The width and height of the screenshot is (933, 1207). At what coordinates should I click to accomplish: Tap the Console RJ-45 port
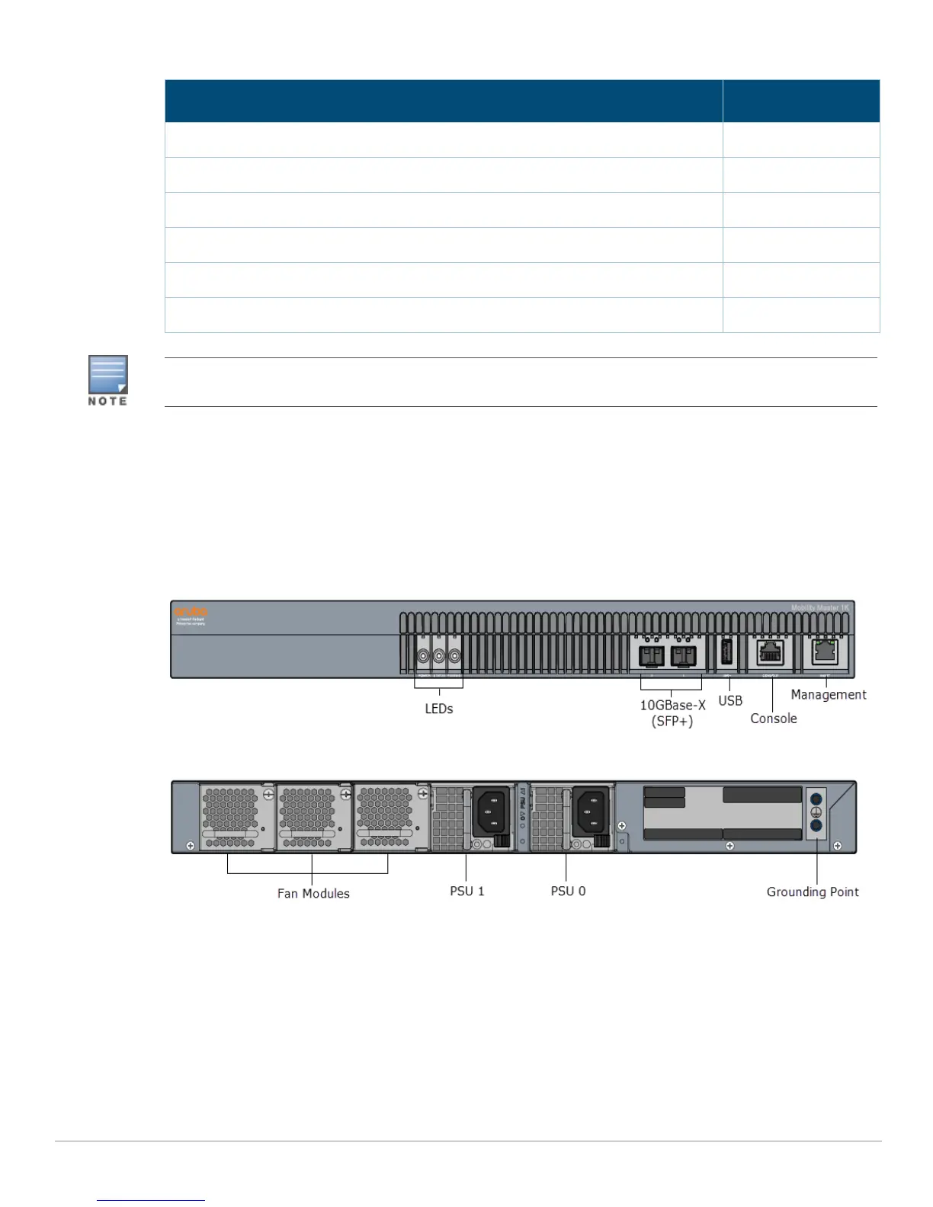click(771, 653)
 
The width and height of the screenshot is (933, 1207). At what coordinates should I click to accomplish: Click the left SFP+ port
click(652, 655)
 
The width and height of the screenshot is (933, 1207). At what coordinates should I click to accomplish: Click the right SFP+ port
click(683, 655)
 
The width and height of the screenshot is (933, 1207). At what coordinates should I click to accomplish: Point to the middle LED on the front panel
click(439, 655)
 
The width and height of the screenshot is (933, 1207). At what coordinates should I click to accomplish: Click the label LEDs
click(439, 709)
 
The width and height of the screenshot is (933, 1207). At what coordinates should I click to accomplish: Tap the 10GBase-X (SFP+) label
click(672, 713)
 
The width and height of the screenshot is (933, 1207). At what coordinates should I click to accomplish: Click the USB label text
click(730, 700)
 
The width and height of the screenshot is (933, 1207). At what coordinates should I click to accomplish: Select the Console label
click(774, 719)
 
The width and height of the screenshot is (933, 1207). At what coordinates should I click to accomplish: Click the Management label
click(829, 694)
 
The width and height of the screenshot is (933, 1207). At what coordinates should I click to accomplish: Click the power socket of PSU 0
click(591, 812)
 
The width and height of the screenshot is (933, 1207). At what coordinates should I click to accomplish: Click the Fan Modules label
click(313, 894)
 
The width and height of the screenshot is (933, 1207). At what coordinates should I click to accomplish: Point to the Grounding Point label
click(813, 892)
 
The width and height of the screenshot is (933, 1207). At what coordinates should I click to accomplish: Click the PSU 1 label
click(467, 891)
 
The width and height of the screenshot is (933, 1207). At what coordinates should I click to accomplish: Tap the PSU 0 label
click(569, 891)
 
